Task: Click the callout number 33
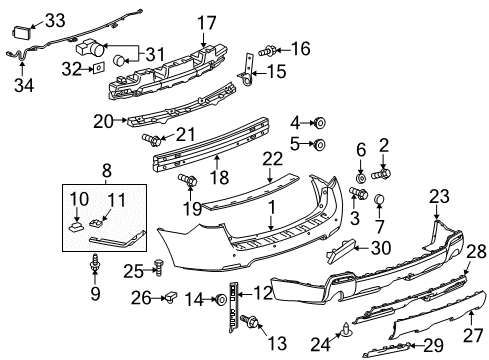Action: click(56, 19)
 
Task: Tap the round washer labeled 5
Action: click(321, 145)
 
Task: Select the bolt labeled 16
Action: click(268, 48)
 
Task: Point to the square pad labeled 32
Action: click(98, 69)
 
